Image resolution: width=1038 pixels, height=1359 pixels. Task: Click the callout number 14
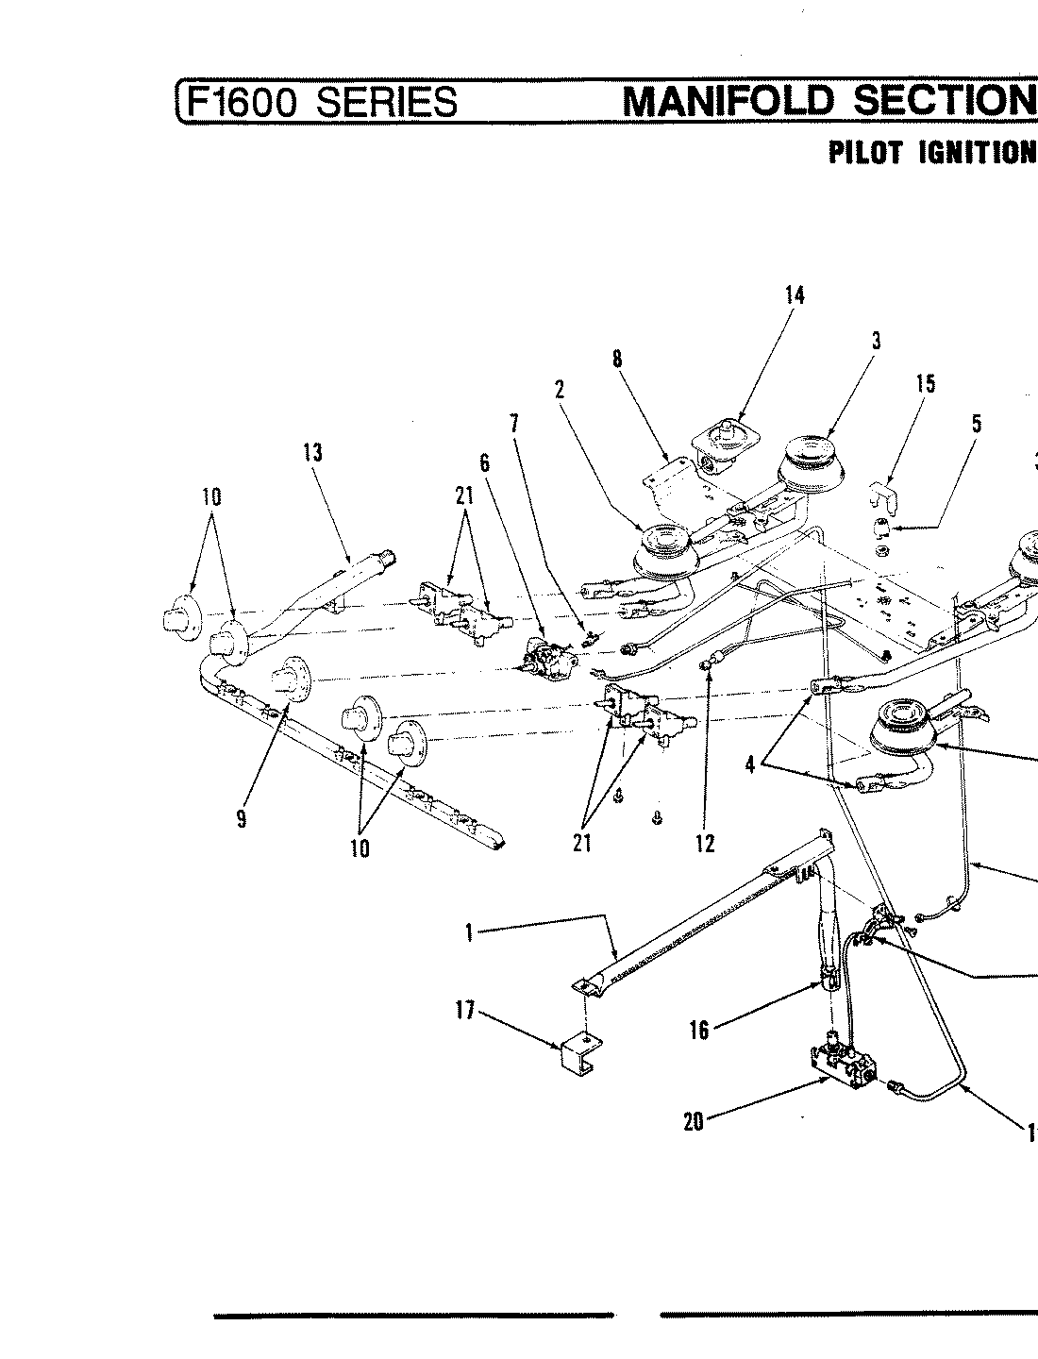pyautogui.click(x=795, y=295)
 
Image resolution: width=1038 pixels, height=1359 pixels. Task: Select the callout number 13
pyautogui.click(x=312, y=453)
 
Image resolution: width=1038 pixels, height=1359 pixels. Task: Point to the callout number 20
pyautogui.click(x=694, y=1124)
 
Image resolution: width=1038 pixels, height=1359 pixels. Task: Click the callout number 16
pyautogui.click(x=699, y=1031)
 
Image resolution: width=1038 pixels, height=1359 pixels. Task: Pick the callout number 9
pyautogui.click(x=242, y=819)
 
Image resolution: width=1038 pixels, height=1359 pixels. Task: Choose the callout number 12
pyautogui.click(x=705, y=844)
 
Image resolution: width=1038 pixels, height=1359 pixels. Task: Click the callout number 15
pyautogui.click(x=926, y=384)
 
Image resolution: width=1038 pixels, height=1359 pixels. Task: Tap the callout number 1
pyautogui.click(x=469, y=933)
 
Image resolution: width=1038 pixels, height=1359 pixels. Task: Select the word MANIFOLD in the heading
pyautogui.click(x=730, y=100)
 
